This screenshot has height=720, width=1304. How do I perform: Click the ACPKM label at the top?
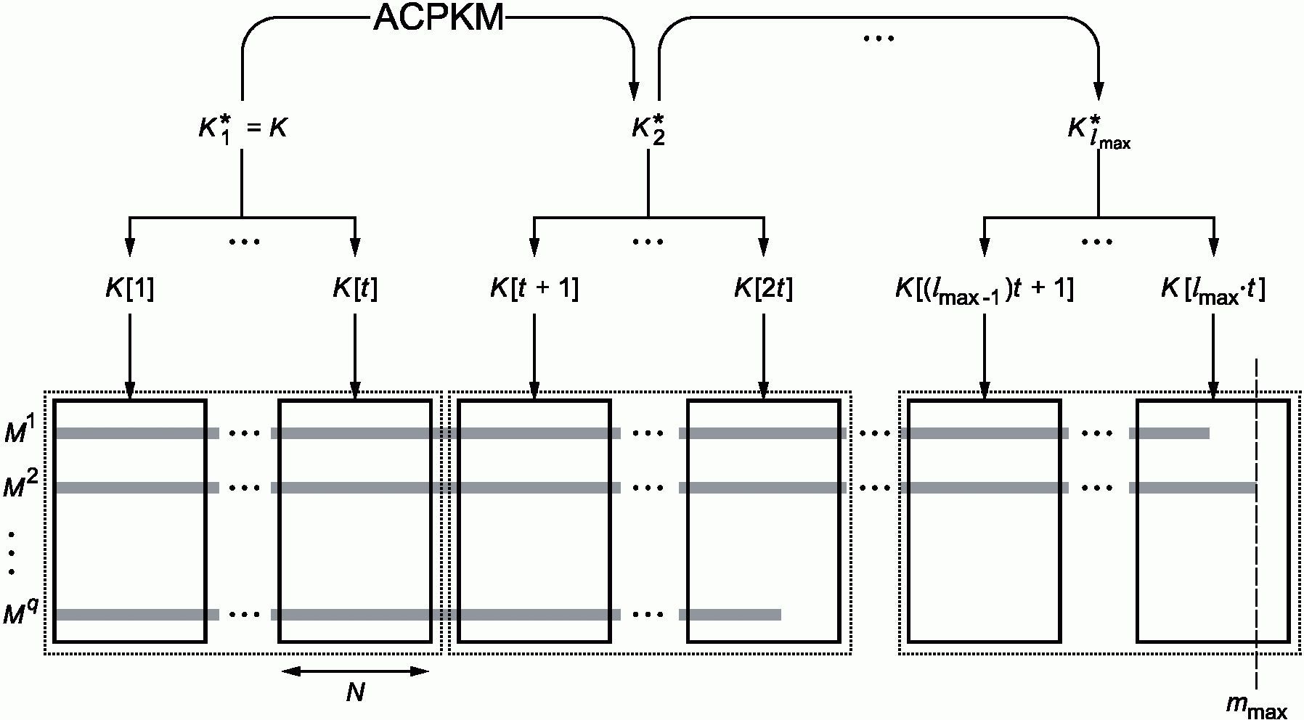[439, 17]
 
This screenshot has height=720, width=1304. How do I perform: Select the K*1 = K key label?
[243, 128]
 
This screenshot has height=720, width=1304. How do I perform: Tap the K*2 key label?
[648, 128]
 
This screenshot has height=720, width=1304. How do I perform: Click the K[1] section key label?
[129, 289]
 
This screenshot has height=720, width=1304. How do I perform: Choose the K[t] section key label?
[355, 289]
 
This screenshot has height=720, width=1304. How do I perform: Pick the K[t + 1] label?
[534, 289]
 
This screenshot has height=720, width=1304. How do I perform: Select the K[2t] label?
[763, 289]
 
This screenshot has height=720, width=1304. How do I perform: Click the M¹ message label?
[20, 431]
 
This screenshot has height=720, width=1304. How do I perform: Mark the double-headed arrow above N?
[355, 671]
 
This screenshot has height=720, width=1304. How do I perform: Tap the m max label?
[1256, 706]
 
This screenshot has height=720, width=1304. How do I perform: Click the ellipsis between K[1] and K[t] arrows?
[244, 242]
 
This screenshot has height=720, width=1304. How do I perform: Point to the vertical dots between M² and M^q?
[12, 552]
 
